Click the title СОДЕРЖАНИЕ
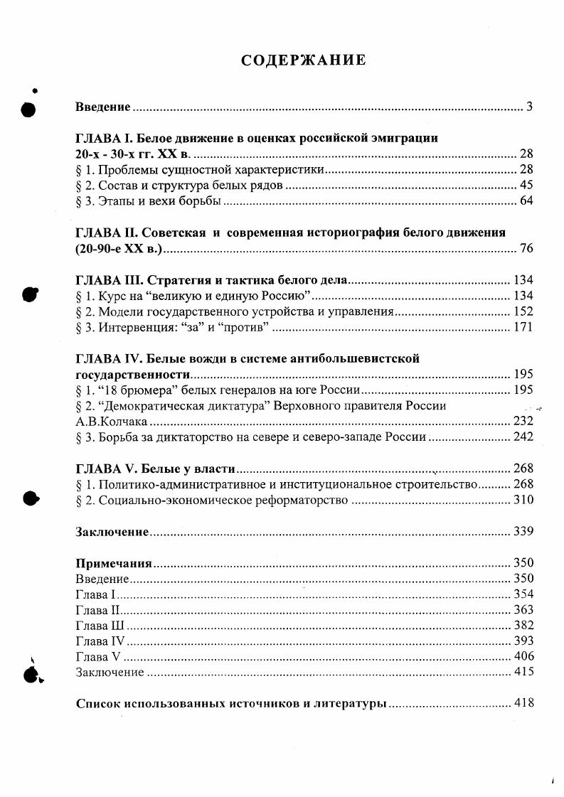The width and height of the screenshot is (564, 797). pos(304,60)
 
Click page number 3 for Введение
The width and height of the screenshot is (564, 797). pos(530,107)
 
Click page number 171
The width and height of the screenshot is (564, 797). pos(523,328)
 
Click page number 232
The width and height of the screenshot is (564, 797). pos(523,422)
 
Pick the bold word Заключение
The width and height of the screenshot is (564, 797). pos(112,532)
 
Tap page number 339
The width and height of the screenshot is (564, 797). pos(523,532)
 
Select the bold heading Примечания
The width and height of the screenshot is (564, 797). pos(114,563)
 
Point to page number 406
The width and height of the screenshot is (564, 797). pos(523,657)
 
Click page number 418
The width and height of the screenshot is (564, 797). pos(523,704)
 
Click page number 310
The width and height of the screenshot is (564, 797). pos(523,501)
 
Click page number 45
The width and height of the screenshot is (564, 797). pos(526,186)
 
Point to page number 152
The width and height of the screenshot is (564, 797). pos(523,312)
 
